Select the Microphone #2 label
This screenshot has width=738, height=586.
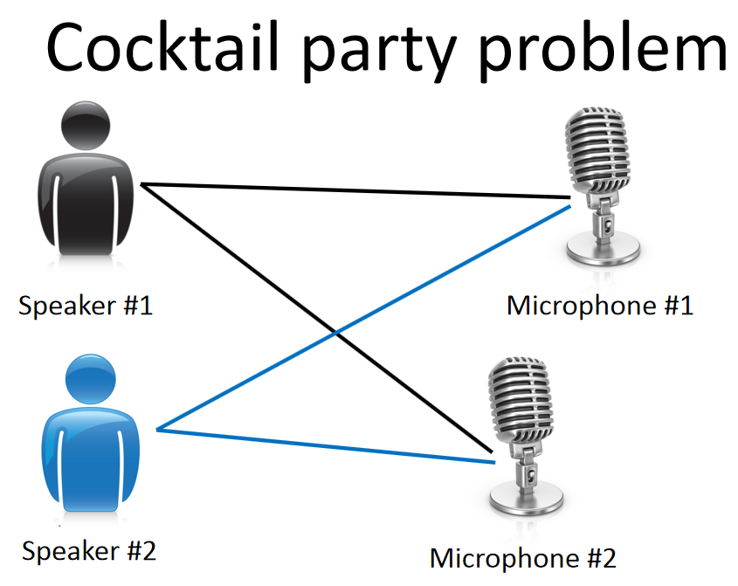(523, 557)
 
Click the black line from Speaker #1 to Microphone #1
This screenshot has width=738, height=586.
(349, 193)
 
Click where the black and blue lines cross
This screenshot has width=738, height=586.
(336, 331)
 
